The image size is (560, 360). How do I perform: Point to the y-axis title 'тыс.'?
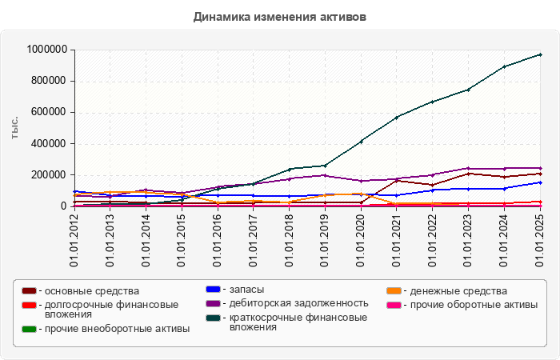[x=15, y=127]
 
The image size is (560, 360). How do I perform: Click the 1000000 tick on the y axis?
[x=46, y=50]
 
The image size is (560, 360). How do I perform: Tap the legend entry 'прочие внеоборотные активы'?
[x=117, y=329]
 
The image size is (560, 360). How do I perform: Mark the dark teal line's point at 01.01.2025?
[x=541, y=54]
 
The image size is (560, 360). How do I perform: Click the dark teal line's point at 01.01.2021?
[x=397, y=118]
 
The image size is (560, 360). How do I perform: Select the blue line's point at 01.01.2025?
[x=541, y=182]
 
